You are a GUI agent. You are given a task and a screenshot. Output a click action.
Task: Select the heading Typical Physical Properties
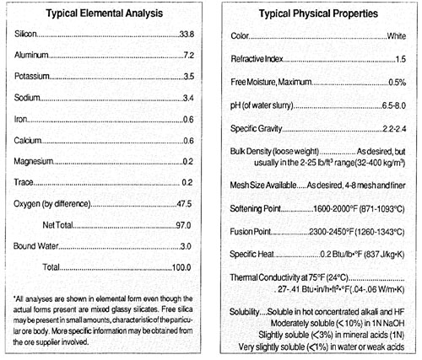pyautogui.click(x=318, y=14)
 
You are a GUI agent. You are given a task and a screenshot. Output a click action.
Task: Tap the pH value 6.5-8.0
pyautogui.click(x=389, y=105)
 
